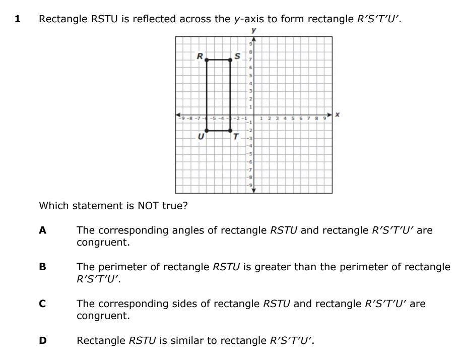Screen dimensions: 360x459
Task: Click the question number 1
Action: pos(18,19)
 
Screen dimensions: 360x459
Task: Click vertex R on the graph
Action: pos(207,59)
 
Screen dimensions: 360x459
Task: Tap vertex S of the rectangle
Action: pos(230,59)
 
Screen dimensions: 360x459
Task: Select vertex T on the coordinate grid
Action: pos(230,131)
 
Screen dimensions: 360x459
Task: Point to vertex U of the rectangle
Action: pos(207,131)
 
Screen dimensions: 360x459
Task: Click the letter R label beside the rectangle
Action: pos(200,56)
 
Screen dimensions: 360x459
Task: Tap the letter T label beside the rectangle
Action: pos(235,136)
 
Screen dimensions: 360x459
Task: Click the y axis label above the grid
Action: pos(253,31)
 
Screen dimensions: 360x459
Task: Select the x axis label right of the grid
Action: pos(337,115)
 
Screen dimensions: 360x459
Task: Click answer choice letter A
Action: pos(43,230)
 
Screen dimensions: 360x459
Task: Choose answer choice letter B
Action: pos(43,267)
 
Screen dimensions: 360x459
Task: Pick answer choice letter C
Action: pos(43,304)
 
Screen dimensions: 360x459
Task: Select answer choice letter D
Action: pos(43,340)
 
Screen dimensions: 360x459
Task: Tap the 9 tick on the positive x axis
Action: pos(324,119)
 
